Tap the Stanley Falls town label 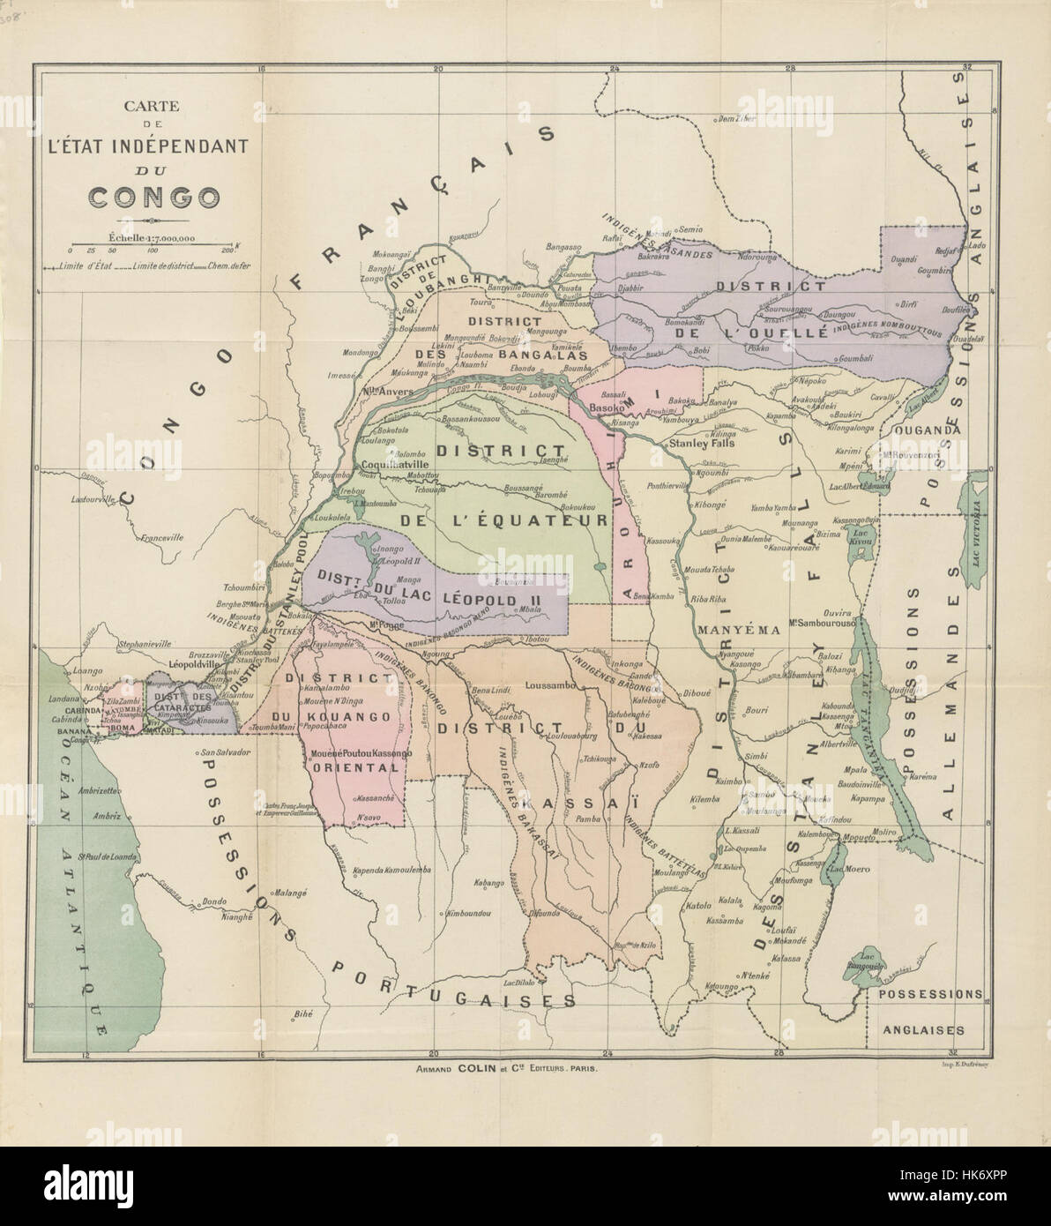point(702,445)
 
